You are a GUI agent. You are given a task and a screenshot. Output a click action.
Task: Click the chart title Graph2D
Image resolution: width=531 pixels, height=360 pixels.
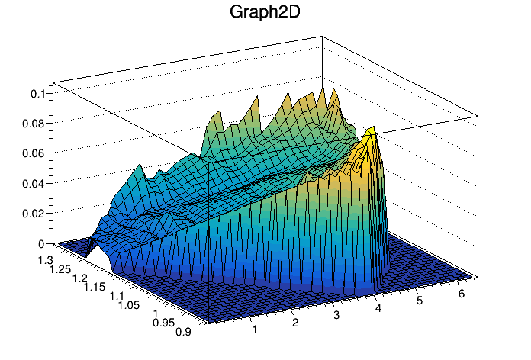tap(265, 13)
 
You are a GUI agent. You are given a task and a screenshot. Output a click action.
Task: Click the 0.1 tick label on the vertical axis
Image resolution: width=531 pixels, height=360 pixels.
tap(38, 93)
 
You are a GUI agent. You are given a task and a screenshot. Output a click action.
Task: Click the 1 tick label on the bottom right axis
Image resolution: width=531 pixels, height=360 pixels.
tap(254, 330)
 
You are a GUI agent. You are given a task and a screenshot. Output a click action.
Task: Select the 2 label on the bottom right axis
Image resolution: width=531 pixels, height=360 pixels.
tap(294, 323)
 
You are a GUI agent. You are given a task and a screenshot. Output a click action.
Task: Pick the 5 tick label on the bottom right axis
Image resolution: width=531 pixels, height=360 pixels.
tap(418, 301)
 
